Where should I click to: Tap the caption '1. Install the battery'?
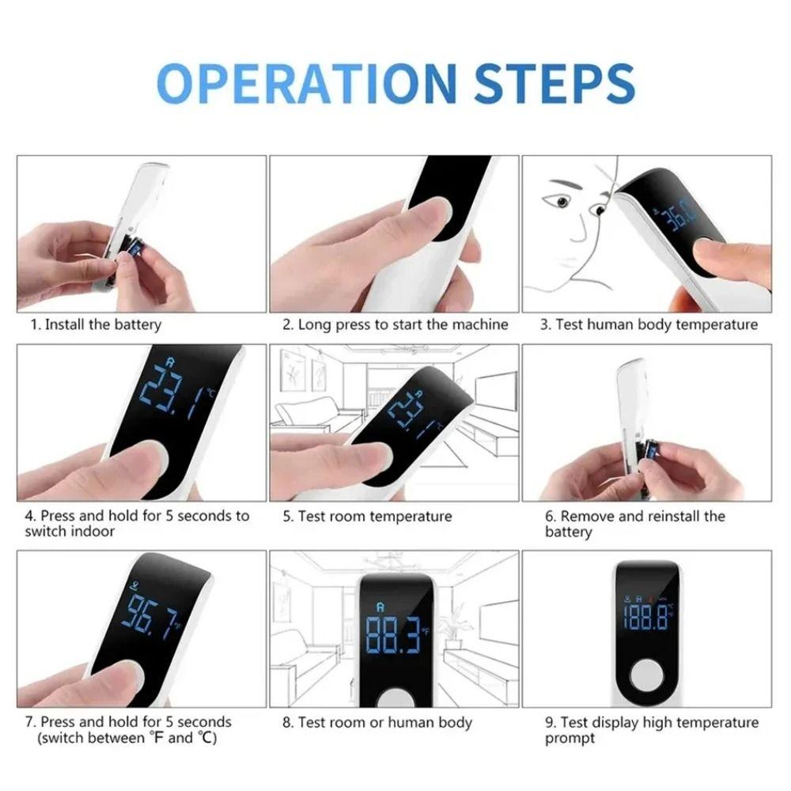tap(96, 324)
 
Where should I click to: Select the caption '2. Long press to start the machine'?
tap(395, 324)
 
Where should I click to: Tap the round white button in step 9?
tap(647, 676)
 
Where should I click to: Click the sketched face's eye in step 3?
tap(563, 202)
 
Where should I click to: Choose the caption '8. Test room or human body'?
tap(377, 722)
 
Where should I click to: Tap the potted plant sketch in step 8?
tap(453, 625)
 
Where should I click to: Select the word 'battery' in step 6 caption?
tap(568, 532)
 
